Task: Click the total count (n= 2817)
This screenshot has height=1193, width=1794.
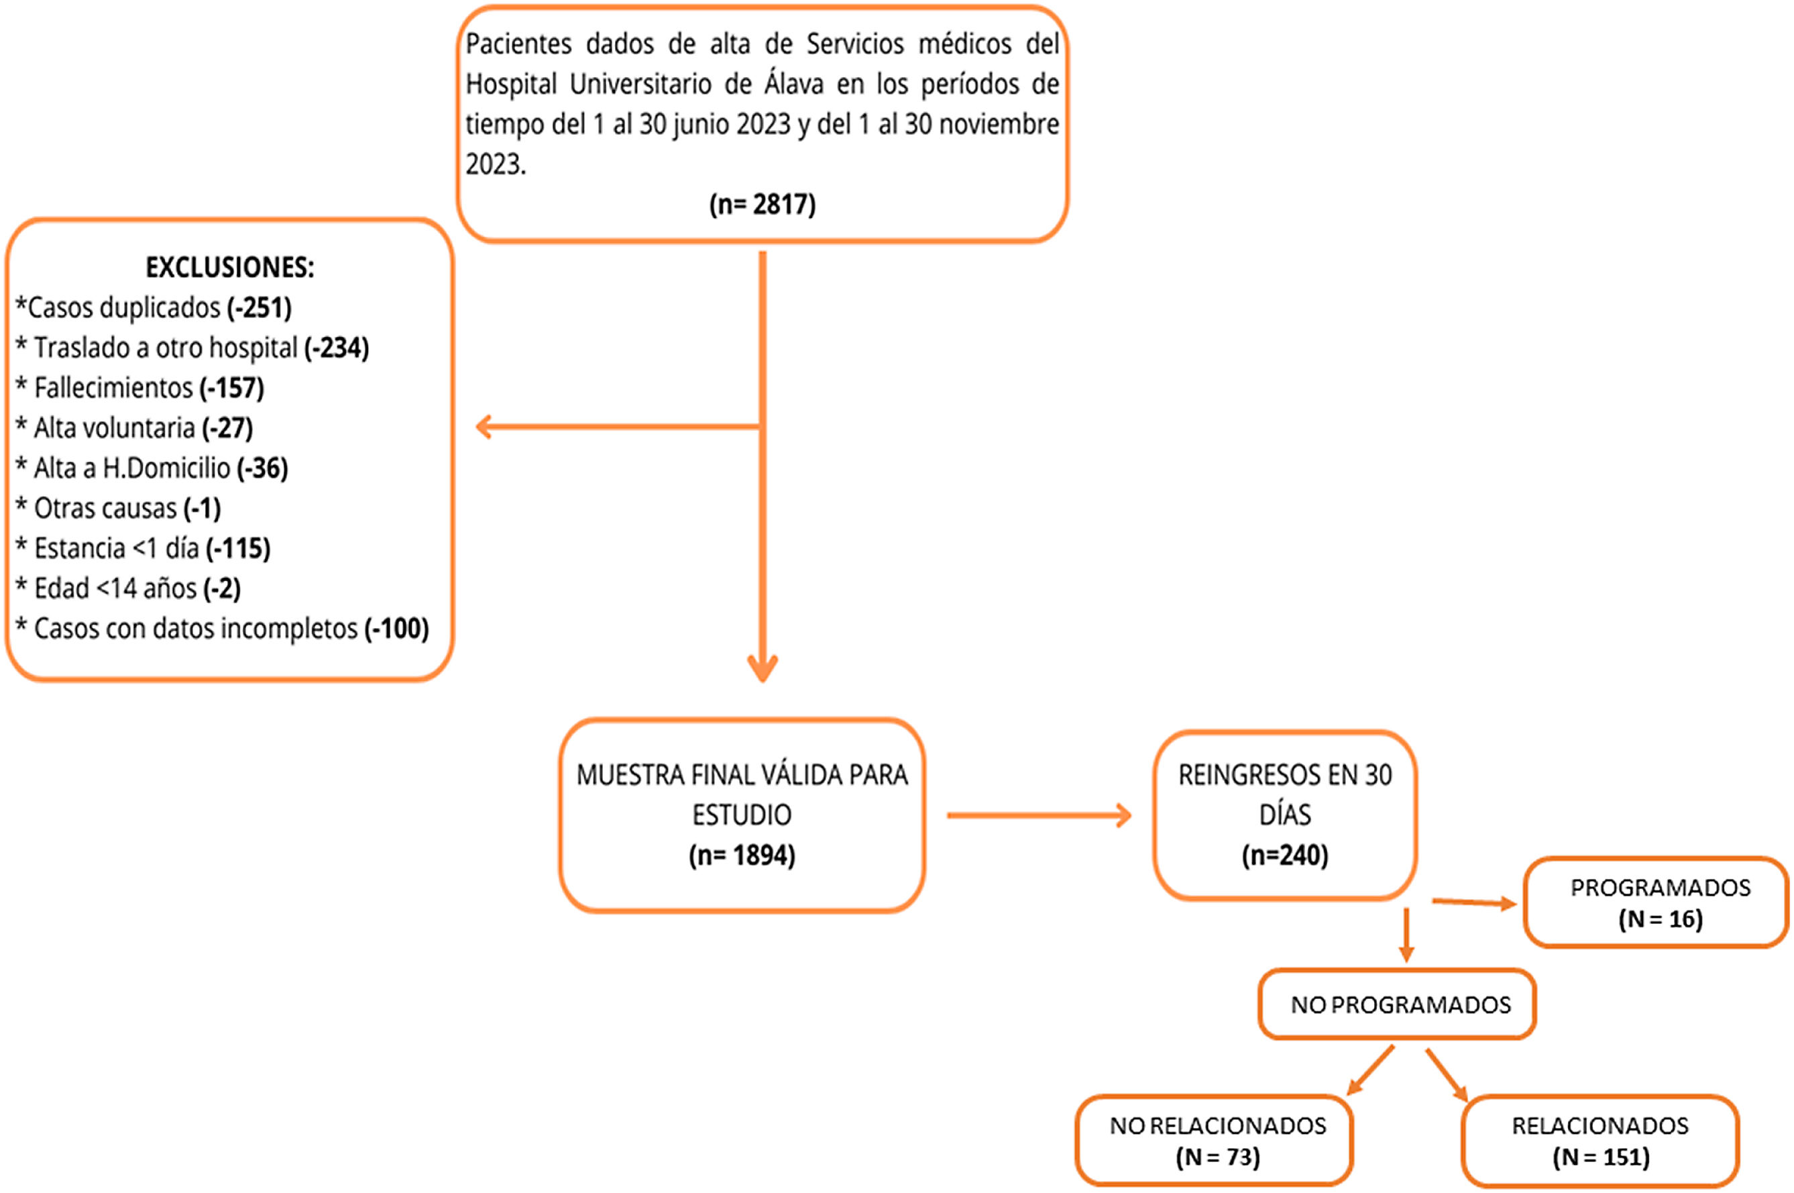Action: pyautogui.click(x=762, y=204)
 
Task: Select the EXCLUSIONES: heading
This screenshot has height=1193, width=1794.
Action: pyautogui.click(x=229, y=267)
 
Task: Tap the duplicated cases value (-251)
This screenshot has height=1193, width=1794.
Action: pyautogui.click(x=260, y=307)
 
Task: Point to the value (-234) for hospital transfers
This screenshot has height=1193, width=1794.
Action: pyautogui.click(x=337, y=348)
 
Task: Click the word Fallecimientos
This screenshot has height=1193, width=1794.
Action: pyautogui.click(x=113, y=388)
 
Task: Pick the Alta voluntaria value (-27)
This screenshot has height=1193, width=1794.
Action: pyautogui.click(x=227, y=427)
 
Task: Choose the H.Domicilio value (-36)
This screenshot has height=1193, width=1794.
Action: pyautogui.click(x=262, y=468)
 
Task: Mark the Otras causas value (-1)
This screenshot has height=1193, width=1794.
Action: pyautogui.click(x=203, y=508)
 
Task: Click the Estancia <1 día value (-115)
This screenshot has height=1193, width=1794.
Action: pyautogui.click(x=238, y=548)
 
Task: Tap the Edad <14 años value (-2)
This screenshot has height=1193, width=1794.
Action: pyautogui.click(x=222, y=588)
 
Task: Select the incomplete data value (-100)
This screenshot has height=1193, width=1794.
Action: pyautogui.click(x=397, y=629)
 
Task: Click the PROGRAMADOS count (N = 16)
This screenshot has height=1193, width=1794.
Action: pyautogui.click(x=1660, y=919)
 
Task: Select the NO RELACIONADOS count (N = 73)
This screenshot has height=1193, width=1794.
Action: pyautogui.click(x=1217, y=1157)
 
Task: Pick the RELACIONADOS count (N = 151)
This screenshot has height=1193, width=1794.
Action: pyautogui.click(x=1601, y=1157)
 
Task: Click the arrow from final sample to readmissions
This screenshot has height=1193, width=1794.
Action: pyautogui.click(x=1039, y=816)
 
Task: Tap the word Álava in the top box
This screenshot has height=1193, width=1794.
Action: pyautogui.click(x=793, y=84)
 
